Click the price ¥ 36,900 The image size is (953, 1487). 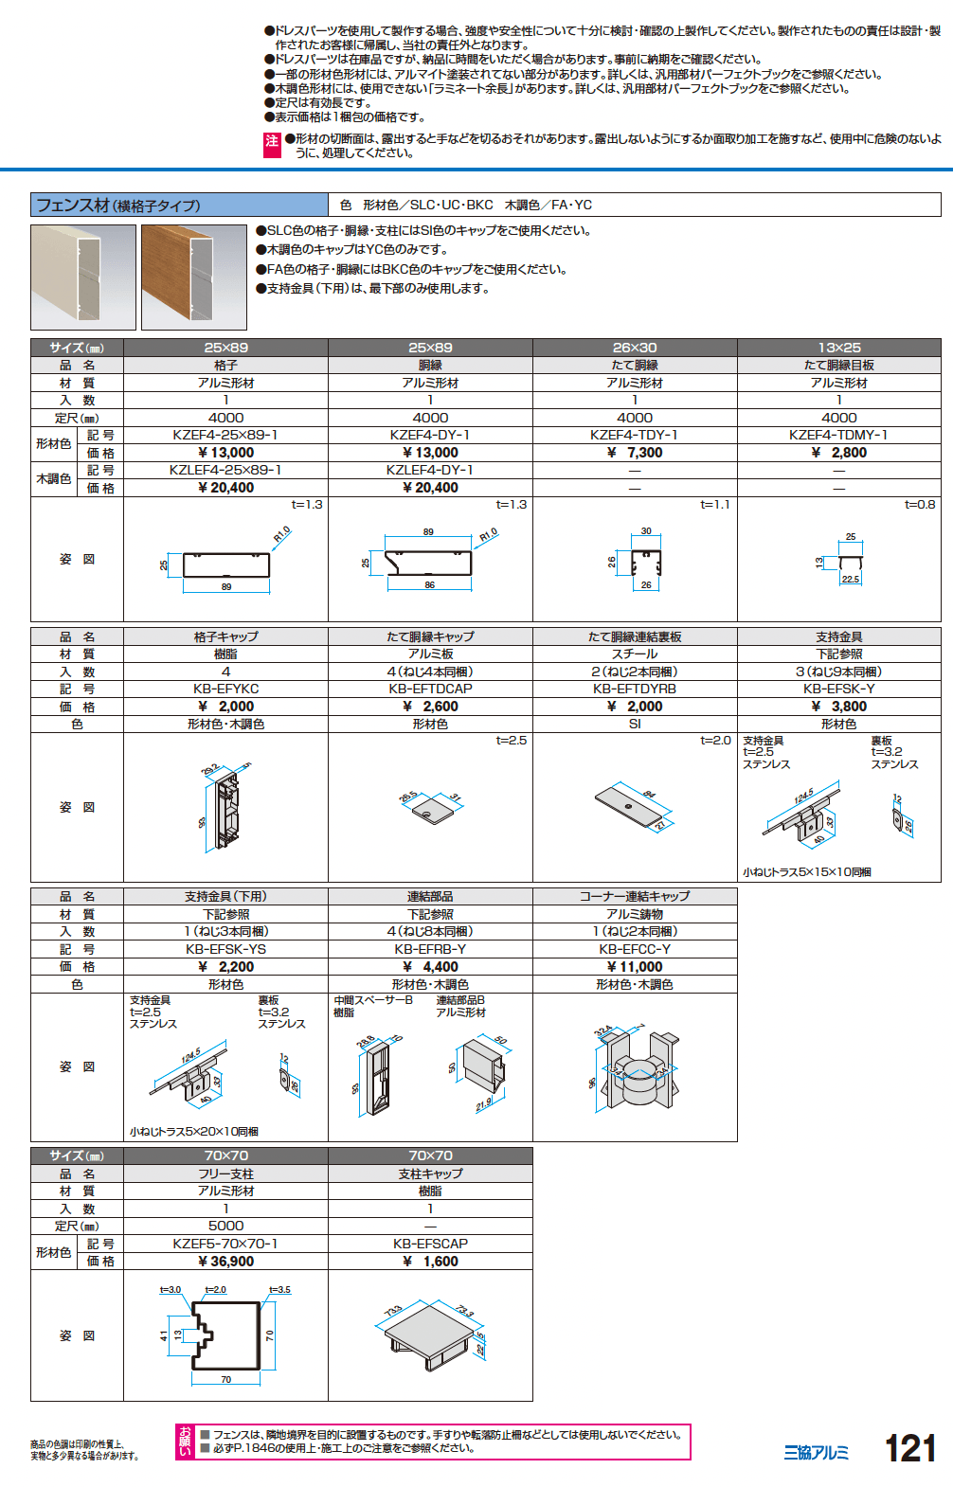pyautogui.click(x=225, y=1262)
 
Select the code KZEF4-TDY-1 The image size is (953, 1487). pyautogui.click(x=635, y=435)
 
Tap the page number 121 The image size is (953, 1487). pyautogui.click(x=909, y=1449)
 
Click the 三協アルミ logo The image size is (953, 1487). pyautogui.click(x=816, y=1453)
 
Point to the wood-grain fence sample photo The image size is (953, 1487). pyautogui.click(x=193, y=277)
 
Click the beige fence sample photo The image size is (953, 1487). pyautogui.click(x=83, y=277)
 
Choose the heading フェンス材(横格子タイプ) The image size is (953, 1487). pyautogui.click(x=118, y=206)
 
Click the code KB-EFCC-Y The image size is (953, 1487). pyautogui.click(x=635, y=949)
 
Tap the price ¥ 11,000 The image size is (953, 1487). pyautogui.click(x=635, y=967)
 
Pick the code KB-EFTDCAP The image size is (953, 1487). pyautogui.click(x=430, y=689)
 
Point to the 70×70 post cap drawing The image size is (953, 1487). pyautogui.click(x=429, y=1336)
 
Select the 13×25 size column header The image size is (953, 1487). pyautogui.click(x=839, y=348)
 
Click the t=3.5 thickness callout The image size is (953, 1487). pyautogui.click(x=279, y=1290)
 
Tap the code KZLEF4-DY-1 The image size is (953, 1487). pyautogui.click(x=430, y=470)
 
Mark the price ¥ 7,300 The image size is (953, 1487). pyautogui.click(x=635, y=453)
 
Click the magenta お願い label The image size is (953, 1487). pyautogui.click(x=186, y=1442)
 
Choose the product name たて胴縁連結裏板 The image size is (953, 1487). pyautogui.click(x=635, y=636)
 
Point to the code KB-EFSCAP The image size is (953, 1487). pyautogui.click(x=430, y=1244)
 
